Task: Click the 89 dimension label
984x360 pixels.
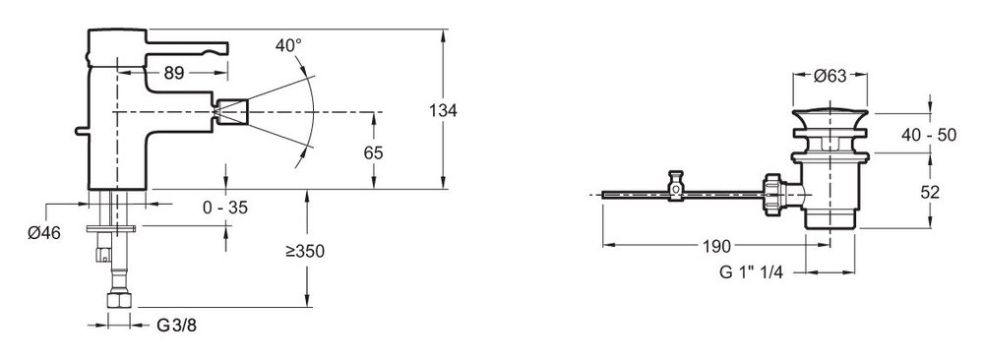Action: tap(174, 74)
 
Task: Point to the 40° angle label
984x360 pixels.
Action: tap(288, 46)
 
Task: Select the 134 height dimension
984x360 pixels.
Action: tap(443, 111)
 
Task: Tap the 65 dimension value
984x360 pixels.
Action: tap(373, 152)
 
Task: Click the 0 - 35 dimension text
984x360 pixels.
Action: tap(225, 207)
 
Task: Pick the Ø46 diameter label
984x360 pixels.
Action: tap(44, 233)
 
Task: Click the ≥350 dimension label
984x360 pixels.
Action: tap(305, 252)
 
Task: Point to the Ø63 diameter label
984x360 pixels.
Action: tap(830, 77)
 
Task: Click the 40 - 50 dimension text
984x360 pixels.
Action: tap(930, 135)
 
